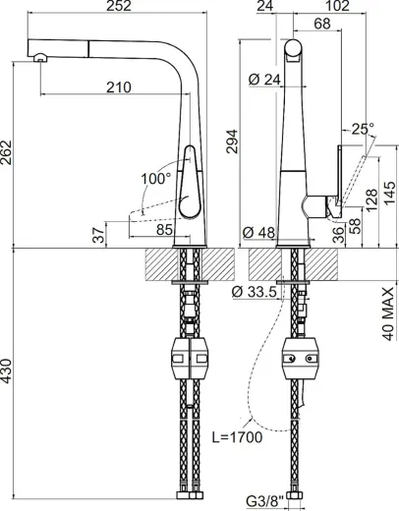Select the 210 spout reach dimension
click(119, 88)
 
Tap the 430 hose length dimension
click(9, 379)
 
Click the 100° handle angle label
click(156, 180)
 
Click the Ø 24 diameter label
click(260, 81)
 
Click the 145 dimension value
click(389, 188)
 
